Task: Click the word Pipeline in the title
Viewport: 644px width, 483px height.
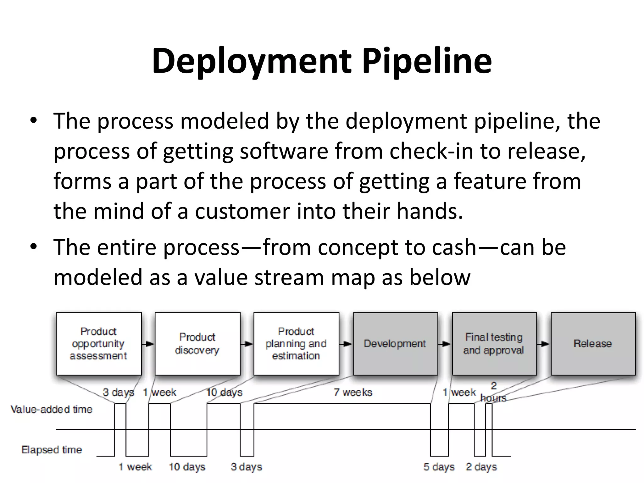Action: (x=427, y=61)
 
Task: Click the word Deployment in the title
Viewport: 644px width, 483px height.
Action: (x=252, y=61)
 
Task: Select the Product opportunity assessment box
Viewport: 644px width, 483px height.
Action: (x=98, y=343)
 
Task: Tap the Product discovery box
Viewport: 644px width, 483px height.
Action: (x=197, y=343)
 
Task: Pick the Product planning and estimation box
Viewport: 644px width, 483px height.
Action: (x=296, y=343)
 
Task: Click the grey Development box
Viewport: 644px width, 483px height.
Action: (x=395, y=343)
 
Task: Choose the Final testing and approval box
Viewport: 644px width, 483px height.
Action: (x=494, y=343)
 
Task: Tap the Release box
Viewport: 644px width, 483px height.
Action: (x=593, y=343)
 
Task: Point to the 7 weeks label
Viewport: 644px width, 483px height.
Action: (x=353, y=392)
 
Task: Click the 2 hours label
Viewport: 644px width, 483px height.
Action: (x=493, y=392)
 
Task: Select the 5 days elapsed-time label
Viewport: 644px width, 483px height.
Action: (x=439, y=467)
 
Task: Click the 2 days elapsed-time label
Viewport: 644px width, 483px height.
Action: (x=481, y=467)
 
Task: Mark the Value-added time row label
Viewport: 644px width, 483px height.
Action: (x=52, y=409)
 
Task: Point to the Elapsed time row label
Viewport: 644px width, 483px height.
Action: (x=52, y=450)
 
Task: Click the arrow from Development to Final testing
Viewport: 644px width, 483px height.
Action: (x=445, y=344)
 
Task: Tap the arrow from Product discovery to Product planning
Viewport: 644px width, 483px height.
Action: (x=247, y=344)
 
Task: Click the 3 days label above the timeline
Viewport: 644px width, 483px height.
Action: (x=118, y=392)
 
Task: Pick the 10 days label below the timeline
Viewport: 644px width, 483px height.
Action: (x=187, y=467)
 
